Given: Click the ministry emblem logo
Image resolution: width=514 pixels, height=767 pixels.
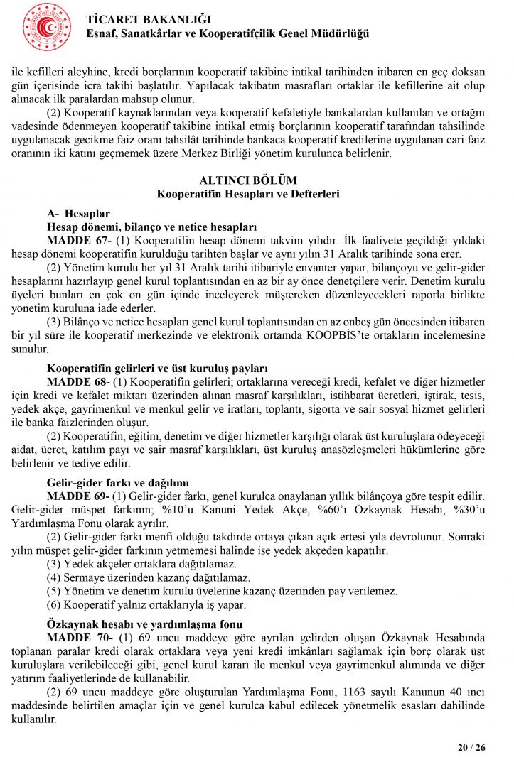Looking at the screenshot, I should coord(47,27).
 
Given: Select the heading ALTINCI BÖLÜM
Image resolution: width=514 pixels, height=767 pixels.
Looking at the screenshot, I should coord(248,180).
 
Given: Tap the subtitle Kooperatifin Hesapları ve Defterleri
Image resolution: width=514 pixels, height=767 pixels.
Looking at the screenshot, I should coord(248,193).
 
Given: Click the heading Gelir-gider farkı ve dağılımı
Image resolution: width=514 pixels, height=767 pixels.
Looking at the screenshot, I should coord(118,482).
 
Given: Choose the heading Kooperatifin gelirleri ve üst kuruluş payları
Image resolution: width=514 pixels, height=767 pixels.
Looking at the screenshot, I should coord(157,369).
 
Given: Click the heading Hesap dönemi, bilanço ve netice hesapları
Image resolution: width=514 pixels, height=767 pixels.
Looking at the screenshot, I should coord(151,227).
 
